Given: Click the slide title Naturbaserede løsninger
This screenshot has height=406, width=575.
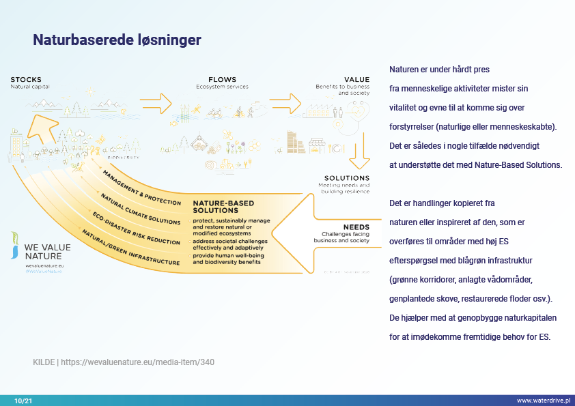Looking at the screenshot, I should [x=117, y=40].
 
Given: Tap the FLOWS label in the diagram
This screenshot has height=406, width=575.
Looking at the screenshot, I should [x=222, y=80].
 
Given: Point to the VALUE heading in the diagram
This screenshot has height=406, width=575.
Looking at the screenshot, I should [x=357, y=80].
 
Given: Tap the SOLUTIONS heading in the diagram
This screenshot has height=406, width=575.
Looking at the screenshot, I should [x=346, y=178].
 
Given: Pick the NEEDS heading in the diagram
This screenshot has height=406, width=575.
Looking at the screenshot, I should [x=356, y=227].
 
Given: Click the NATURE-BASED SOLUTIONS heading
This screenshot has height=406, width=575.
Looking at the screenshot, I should [x=223, y=207].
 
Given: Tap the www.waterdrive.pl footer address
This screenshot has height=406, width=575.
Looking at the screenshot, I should [x=543, y=401].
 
